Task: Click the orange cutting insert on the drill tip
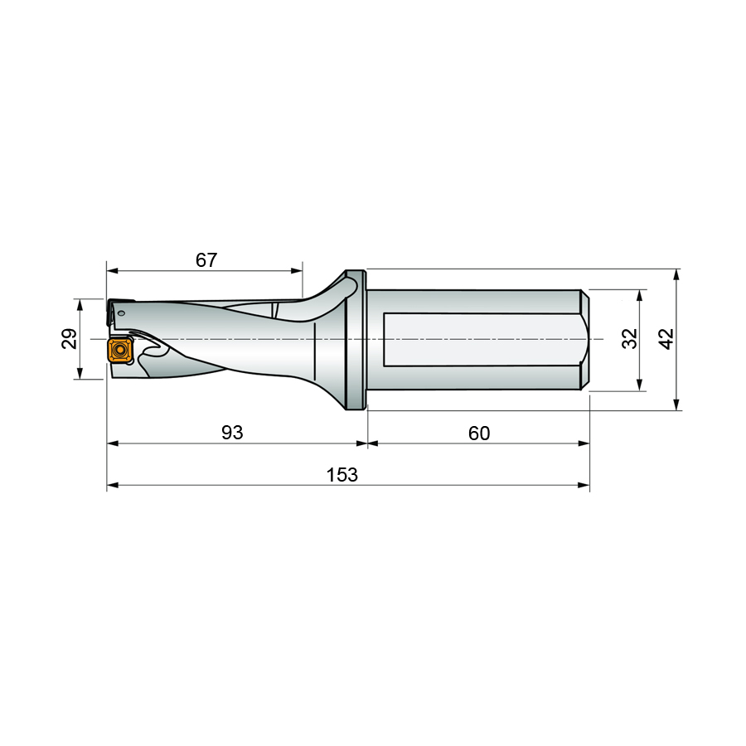tap(120, 350)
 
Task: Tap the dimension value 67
tap(206, 260)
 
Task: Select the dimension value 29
tap(70, 339)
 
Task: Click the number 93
tap(233, 433)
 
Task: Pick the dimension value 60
tap(479, 433)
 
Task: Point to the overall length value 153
tap(342, 475)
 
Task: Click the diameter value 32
tap(629, 339)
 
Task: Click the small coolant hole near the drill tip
tap(122, 312)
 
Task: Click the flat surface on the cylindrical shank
tap(481, 340)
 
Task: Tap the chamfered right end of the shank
tap(584, 340)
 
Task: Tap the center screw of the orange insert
tap(120, 350)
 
